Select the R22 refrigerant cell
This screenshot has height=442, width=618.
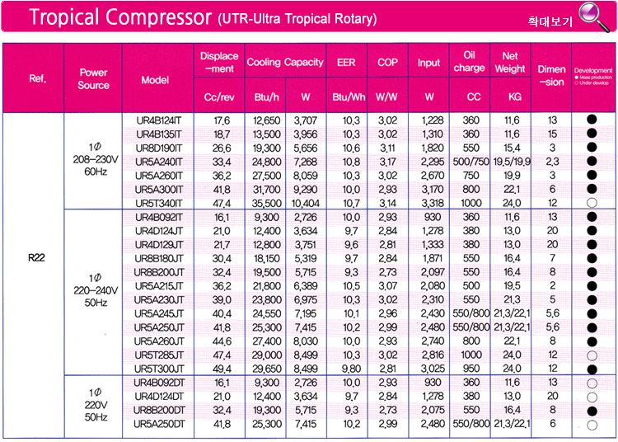(x=36, y=257)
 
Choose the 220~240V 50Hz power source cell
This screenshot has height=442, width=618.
(x=93, y=290)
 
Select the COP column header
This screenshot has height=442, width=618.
(x=387, y=62)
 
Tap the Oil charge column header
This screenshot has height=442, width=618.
(x=471, y=62)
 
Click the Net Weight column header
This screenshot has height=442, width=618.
(x=511, y=62)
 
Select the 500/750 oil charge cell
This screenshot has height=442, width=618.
(x=471, y=161)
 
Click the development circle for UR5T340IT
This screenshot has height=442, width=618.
(x=592, y=203)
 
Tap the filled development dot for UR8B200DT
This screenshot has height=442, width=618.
(x=592, y=410)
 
